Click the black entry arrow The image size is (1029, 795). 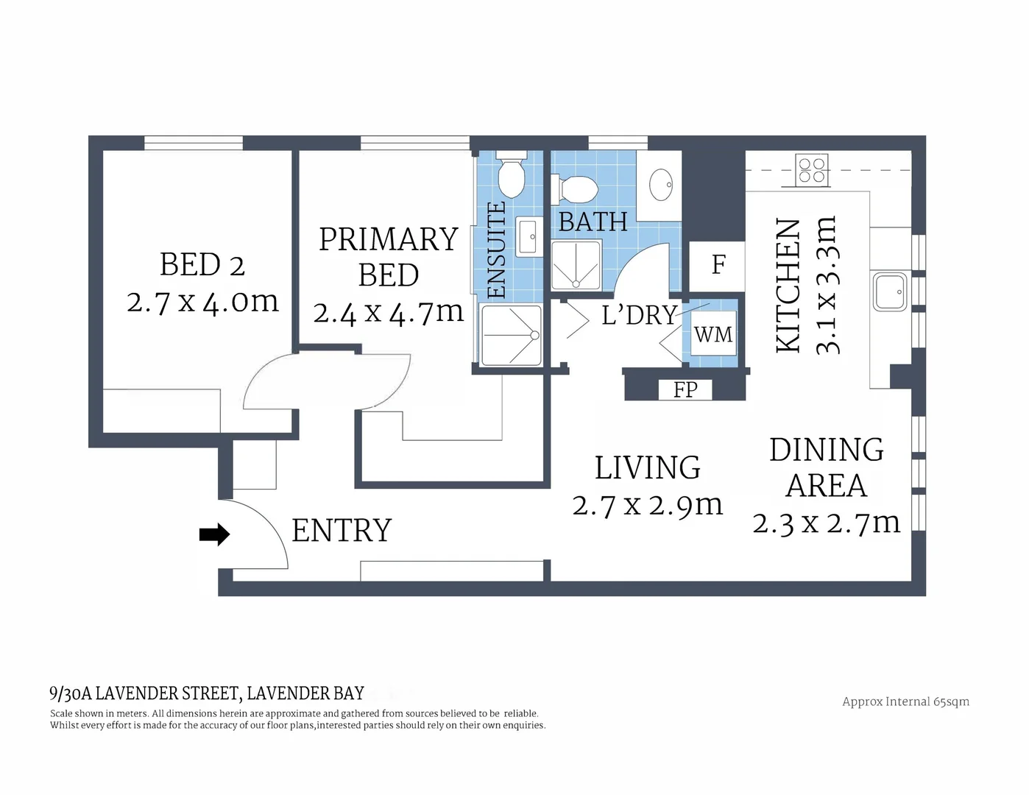click(x=214, y=535)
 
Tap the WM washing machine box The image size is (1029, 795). click(x=713, y=335)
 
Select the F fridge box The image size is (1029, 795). click(x=718, y=265)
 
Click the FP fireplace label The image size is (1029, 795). click(x=685, y=389)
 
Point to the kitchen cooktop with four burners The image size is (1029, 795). click(x=813, y=170)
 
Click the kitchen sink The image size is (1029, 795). click(x=890, y=291)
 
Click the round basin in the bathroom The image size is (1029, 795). click(x=660, y=183)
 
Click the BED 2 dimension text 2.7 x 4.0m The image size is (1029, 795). click(x=202, y=302)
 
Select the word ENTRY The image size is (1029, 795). click(x=342, y=531)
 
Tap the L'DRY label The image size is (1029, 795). click(x=638, y=315)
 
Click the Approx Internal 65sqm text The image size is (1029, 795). click(x=905, y=702)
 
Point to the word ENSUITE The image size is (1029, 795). click(x=498, y=250)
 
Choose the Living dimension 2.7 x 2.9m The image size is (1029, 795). click(x=648, y=505)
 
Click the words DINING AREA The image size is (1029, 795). click(x=826, y=467)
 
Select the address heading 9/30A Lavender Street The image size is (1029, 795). click(x=207, y=693)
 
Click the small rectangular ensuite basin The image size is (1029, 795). click(x=528, y=236)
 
